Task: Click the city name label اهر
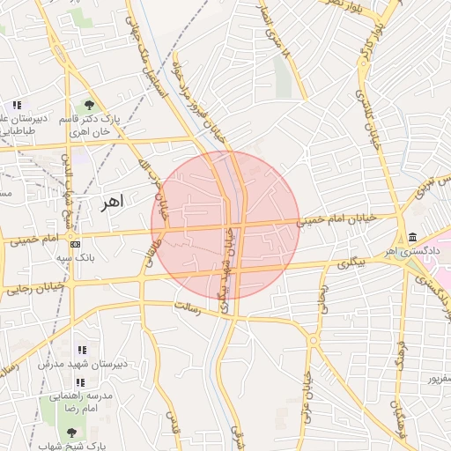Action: tap(113, 202)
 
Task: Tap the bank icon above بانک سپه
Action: tap(75, 244)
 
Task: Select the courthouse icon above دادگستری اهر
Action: tap(413, 237)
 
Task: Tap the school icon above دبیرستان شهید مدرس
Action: tap(81, 350)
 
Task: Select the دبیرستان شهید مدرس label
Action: tap(82, 363)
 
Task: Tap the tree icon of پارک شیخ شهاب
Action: tap(71, 433)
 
